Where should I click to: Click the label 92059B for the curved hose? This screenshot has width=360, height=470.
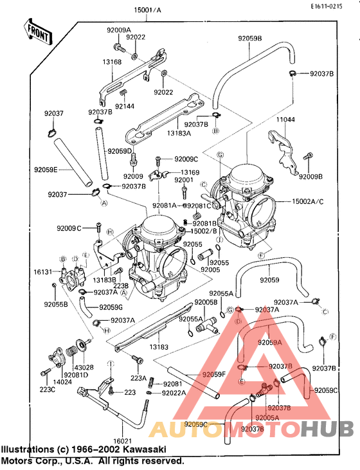[249, 39]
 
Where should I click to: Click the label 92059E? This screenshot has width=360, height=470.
[46, 170]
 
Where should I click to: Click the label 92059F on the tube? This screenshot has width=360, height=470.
[213, 374]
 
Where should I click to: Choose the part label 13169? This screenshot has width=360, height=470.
[190, 172]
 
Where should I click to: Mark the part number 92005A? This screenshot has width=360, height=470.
[265, 417]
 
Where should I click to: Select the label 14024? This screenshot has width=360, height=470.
[62, 381]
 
